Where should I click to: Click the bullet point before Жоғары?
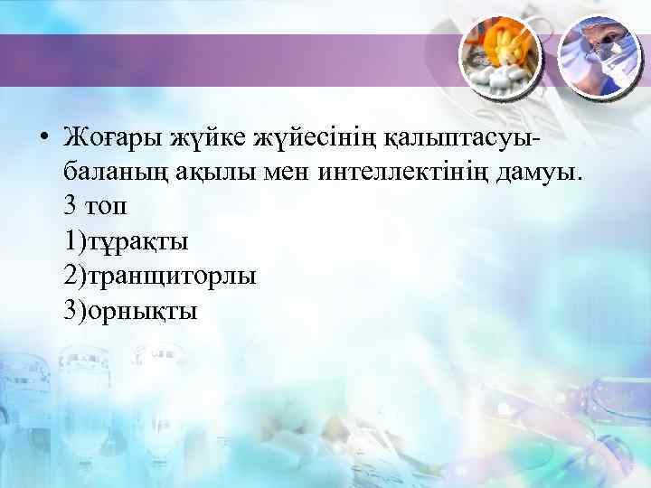(x=42, y=140)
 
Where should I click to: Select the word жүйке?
(x=198, y=140)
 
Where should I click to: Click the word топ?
(x=107, y=208)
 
